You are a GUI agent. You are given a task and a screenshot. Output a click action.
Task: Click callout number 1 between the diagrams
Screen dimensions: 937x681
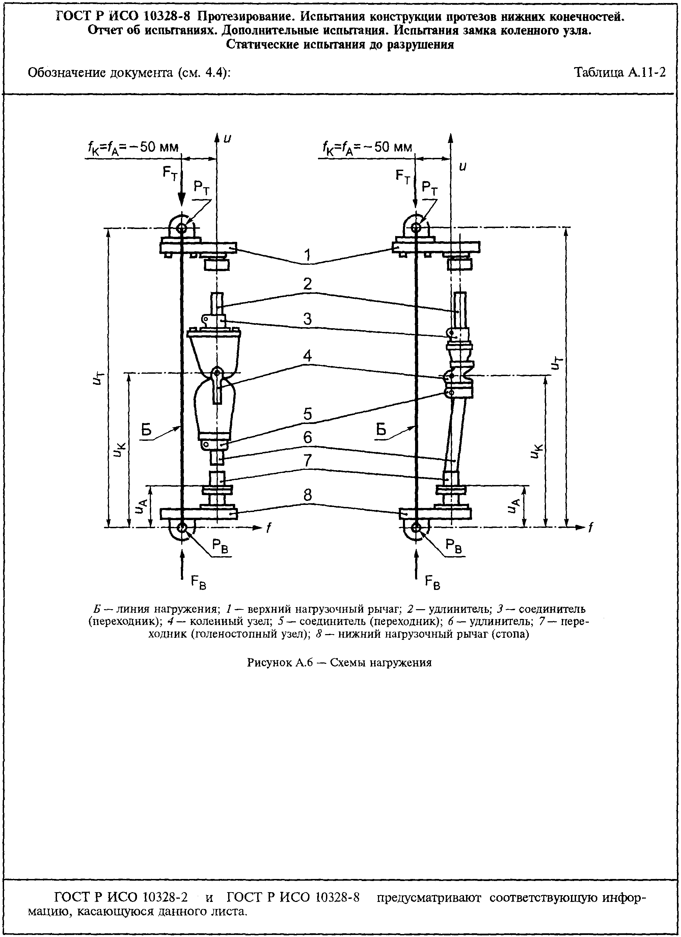307,256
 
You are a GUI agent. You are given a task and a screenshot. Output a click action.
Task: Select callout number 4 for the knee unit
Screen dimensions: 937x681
307,356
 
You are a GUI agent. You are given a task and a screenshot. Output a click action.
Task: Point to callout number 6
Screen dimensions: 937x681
307,437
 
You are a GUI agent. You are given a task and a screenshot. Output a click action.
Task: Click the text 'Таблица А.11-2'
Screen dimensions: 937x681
620,73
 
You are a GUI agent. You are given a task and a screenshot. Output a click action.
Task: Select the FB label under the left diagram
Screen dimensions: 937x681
198,583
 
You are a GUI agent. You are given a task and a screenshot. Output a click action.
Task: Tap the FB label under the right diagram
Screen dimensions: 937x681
433,583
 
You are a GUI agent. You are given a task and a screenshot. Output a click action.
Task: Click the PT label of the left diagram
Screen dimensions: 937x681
202,188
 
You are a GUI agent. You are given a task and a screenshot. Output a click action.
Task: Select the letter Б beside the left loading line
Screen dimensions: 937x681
146,430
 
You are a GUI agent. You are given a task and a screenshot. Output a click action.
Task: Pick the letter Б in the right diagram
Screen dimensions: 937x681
381,430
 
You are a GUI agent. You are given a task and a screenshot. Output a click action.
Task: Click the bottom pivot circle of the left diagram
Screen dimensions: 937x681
182,527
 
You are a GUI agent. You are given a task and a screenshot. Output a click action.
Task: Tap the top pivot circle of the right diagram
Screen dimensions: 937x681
416,227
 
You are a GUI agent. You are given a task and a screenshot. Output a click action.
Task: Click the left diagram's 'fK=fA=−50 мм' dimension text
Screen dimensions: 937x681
133,147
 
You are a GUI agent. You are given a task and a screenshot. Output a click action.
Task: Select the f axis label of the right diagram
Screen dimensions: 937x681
591,528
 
